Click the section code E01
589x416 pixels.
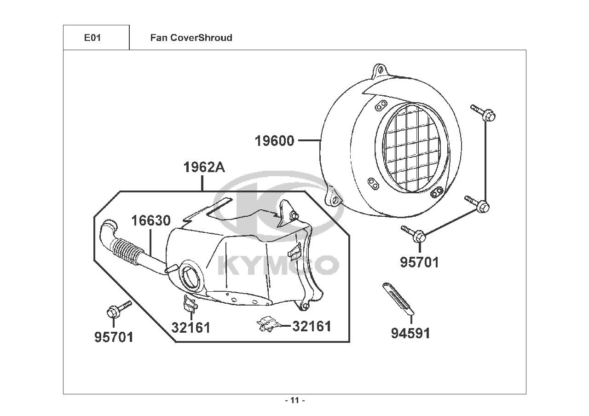(92, 38)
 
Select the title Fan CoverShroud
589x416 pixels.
(191, 38)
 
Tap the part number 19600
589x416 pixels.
(275, 141)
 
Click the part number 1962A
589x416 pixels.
(204, 167)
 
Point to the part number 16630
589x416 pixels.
(151, 221)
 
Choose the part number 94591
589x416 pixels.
(410, 333)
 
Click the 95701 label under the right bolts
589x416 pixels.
(419, 262)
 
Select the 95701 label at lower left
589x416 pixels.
(114, 337)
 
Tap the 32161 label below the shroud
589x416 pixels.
(191, 328)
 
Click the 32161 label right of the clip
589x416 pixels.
(312, 326)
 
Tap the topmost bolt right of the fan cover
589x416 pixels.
(483, 112)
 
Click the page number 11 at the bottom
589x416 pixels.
(295, 400)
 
